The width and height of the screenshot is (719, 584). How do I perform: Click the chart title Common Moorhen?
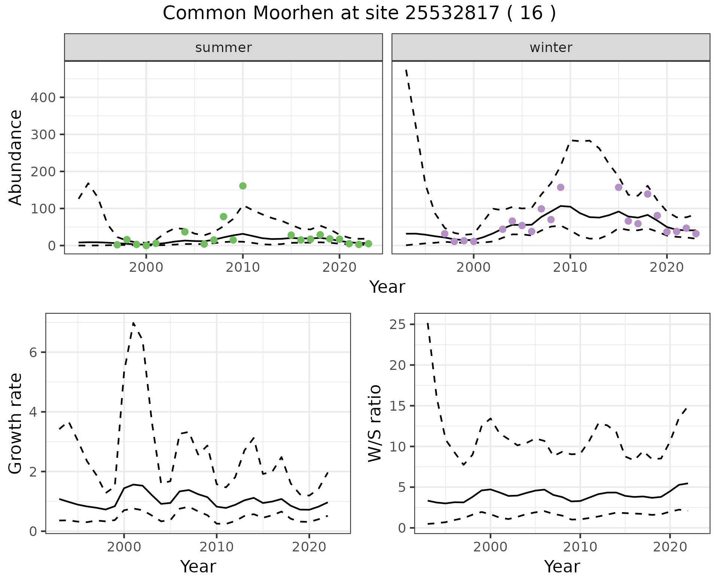pyautogui.click(x=359, y=13)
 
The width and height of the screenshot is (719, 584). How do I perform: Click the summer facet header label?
pyautogui.click(x=224, y=48)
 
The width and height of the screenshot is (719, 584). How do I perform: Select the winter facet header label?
pyautogui.click(x=551, y=48)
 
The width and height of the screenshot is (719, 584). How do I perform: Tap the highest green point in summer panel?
pyautogui.click(x=243, y=186)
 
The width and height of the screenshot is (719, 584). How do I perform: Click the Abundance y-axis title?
pyautogui.click(x=16, y=157)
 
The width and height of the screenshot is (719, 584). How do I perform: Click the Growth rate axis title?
pyautogui.click(x=16, y=424)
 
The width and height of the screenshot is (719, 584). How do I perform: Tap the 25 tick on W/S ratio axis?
pyautogui.click(x=397, y=325)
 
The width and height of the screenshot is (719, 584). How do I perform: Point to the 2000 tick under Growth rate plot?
pyautogui.click(x=124, y=547)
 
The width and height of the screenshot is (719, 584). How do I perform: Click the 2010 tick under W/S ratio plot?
pyautogui.click(x=580, y=547)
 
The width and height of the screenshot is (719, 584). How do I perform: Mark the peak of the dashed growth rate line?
pyautogui.click(x=133, y=323)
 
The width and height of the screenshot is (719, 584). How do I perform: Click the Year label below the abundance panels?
pyautogui.click(x=387, y=287)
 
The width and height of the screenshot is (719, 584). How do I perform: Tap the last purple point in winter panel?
pyautogui.click(x=696, y=234)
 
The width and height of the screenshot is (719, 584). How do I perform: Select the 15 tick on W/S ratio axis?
pyautogui.click(x=397, y=406)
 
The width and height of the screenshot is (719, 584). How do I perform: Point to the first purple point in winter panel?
pyautogui.click(x=445, y=234)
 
